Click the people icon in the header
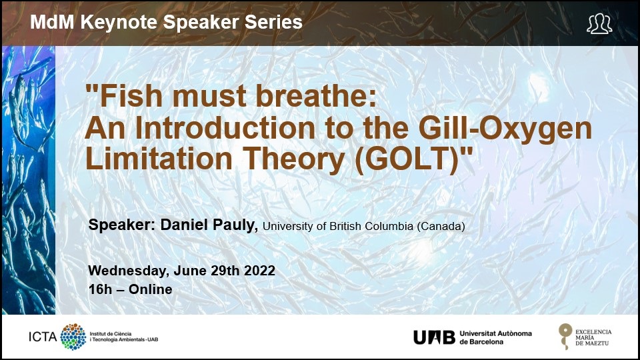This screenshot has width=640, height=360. pyautogui.click(x=599, y=24)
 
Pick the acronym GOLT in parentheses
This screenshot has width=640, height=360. pyautogui.click(x=408, y=159)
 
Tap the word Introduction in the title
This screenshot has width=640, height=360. pyautogui.click(x=225, y=128)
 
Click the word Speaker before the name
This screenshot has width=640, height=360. pyautogui.click(x=121, y=225)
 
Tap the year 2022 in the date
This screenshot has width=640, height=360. pyautogui.click(x=259, y=271)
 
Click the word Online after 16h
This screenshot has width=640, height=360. pyautogui.click(x=150, y=289)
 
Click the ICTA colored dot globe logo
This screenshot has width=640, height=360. pyautogui.click(x=73, y=337)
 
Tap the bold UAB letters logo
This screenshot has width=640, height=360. pyautogui.click(x=434, y=337)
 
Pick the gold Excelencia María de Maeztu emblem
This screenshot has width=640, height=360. pyautogui.click(x=565, y=336)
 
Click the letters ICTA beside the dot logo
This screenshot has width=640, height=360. pyautogui.click(x=43, y=337)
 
